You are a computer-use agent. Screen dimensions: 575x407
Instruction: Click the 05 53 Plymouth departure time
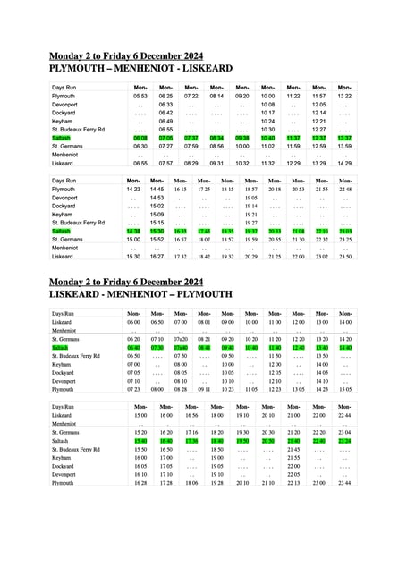pos(140,96)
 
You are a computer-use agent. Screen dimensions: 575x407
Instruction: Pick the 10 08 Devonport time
pos(267,105)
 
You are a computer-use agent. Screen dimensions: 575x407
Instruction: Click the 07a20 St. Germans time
pos(181,340)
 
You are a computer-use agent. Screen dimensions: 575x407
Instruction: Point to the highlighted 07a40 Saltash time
pos(181,348)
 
